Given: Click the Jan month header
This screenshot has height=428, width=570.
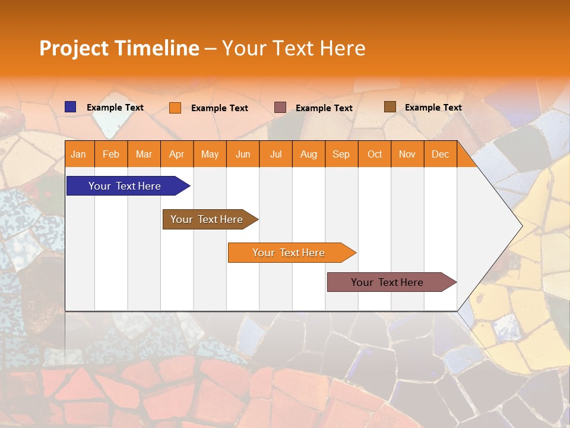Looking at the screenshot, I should [78, 154].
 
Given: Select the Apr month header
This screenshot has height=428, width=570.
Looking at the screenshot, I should [176, 154].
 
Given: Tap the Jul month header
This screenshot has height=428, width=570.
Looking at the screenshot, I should [275, 154].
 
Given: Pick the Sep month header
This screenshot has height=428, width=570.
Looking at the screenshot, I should [341, 154].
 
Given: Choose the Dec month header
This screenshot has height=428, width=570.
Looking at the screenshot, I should [440, 154].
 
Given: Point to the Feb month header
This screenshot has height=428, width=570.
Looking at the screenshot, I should [111, 154].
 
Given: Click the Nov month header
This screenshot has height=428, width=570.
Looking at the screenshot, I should [407, 154].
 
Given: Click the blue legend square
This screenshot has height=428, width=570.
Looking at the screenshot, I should [71, 107].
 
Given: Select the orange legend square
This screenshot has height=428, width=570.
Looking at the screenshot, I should [175, 108].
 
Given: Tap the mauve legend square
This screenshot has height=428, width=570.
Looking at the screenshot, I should [280, 107].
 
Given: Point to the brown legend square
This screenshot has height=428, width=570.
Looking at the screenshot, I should [389, 107].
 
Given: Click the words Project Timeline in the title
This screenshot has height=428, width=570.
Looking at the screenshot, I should [119, 48].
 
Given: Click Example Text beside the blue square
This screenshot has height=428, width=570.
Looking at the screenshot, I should [115, 108].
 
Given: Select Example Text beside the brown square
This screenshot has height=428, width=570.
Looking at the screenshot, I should [433, 108].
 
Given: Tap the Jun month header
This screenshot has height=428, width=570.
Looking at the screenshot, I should [243, 154].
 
